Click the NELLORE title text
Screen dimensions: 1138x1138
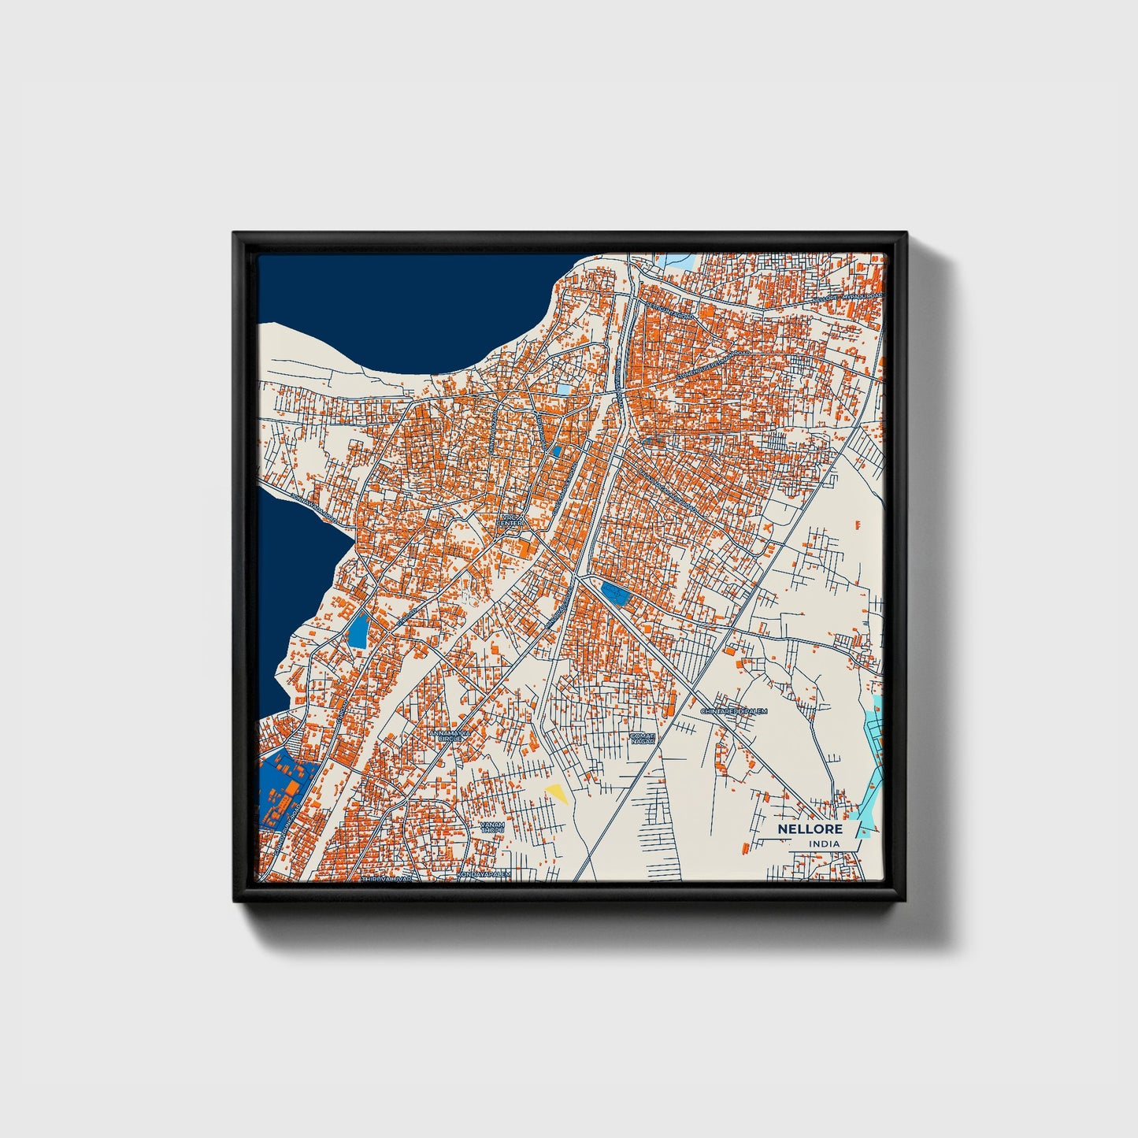[x=810, y=829]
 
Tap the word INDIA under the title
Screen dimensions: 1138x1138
[x=824, y=843]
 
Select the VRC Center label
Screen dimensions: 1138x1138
[x=510, y=521]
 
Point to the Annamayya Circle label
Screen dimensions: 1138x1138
[x=450, y=736]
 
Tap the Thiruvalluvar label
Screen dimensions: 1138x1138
[x=386, y=878]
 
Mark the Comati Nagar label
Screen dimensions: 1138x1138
[x=642, y=738]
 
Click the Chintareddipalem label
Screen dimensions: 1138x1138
[x=733, y=711]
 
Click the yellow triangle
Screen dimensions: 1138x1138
[x=558, y=793]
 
